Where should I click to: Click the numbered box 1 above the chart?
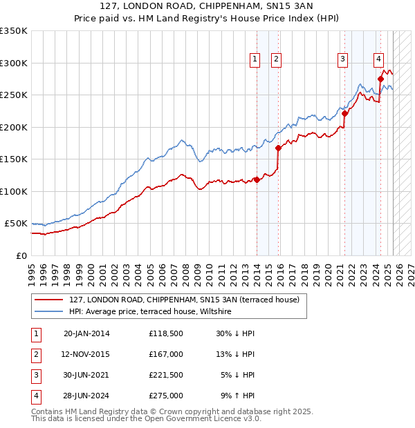pos(255,60)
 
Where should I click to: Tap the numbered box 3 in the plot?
pos(342,60)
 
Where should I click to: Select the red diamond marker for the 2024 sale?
pos(380,79)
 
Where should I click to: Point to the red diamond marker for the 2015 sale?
pos(278,148)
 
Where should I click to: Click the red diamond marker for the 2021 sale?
pos(344,114)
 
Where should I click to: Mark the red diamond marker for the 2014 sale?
pos(257,179)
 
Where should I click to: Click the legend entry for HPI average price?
pos(150,312)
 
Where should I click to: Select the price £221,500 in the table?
pos(165,375)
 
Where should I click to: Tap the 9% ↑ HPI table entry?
pos(237,396)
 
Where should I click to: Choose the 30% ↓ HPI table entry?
pos(235,333)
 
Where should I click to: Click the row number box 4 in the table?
pos(35,396)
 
